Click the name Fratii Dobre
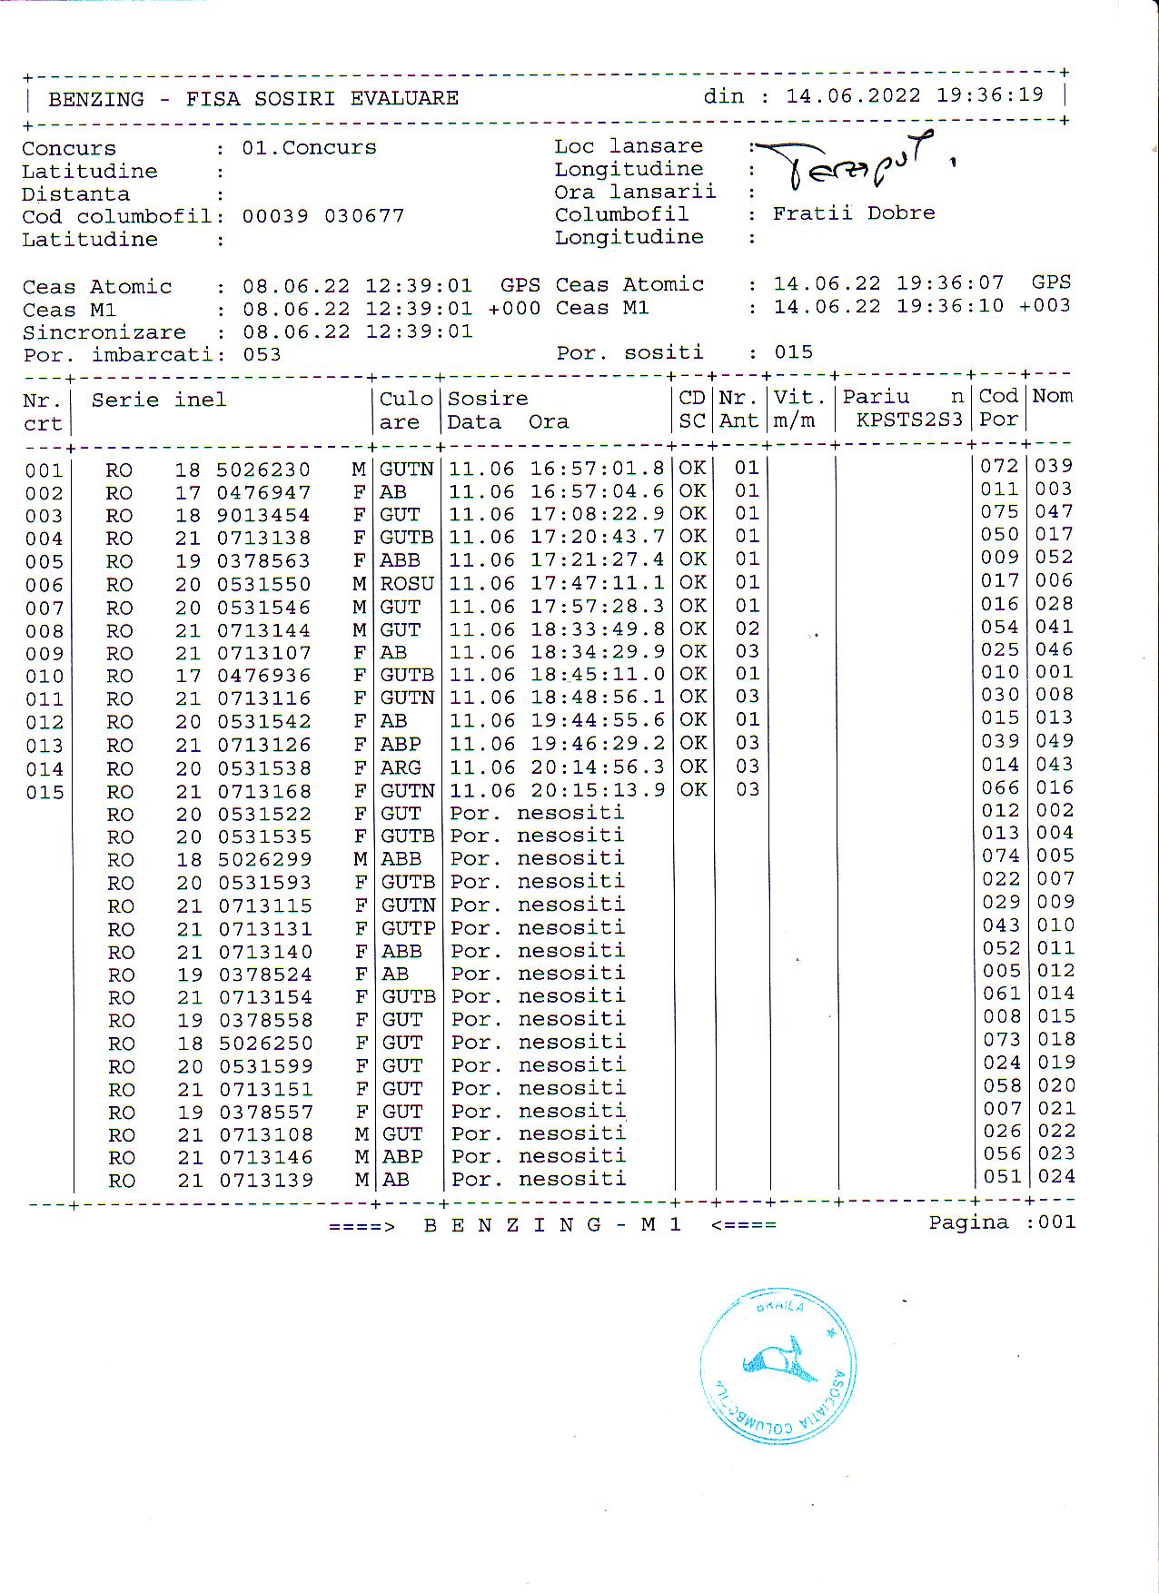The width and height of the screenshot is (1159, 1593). (853, 213)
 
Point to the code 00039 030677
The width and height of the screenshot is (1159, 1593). (322, 216)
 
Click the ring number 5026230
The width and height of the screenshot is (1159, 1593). (263, 470)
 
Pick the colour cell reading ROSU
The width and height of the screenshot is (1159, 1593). (406, 583)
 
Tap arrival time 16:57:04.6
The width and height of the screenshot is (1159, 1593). (598, 491)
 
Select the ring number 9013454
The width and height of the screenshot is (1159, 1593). (263, 516)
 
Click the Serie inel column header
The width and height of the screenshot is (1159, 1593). (158, 400)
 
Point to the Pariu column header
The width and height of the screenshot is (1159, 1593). (876, 397)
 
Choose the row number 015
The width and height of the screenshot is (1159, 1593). (45, 793)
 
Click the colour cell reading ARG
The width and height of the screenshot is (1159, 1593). (400, 768)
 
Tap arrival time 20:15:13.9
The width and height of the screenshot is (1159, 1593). (598, 790)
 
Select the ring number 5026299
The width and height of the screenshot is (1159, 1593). (264, 859)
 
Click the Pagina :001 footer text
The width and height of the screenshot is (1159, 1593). (1001, 1222)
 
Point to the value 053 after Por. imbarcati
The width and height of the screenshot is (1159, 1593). (262, 355)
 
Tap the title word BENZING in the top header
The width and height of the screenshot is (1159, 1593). (95, 99)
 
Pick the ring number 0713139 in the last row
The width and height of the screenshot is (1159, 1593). (265, 1181)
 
